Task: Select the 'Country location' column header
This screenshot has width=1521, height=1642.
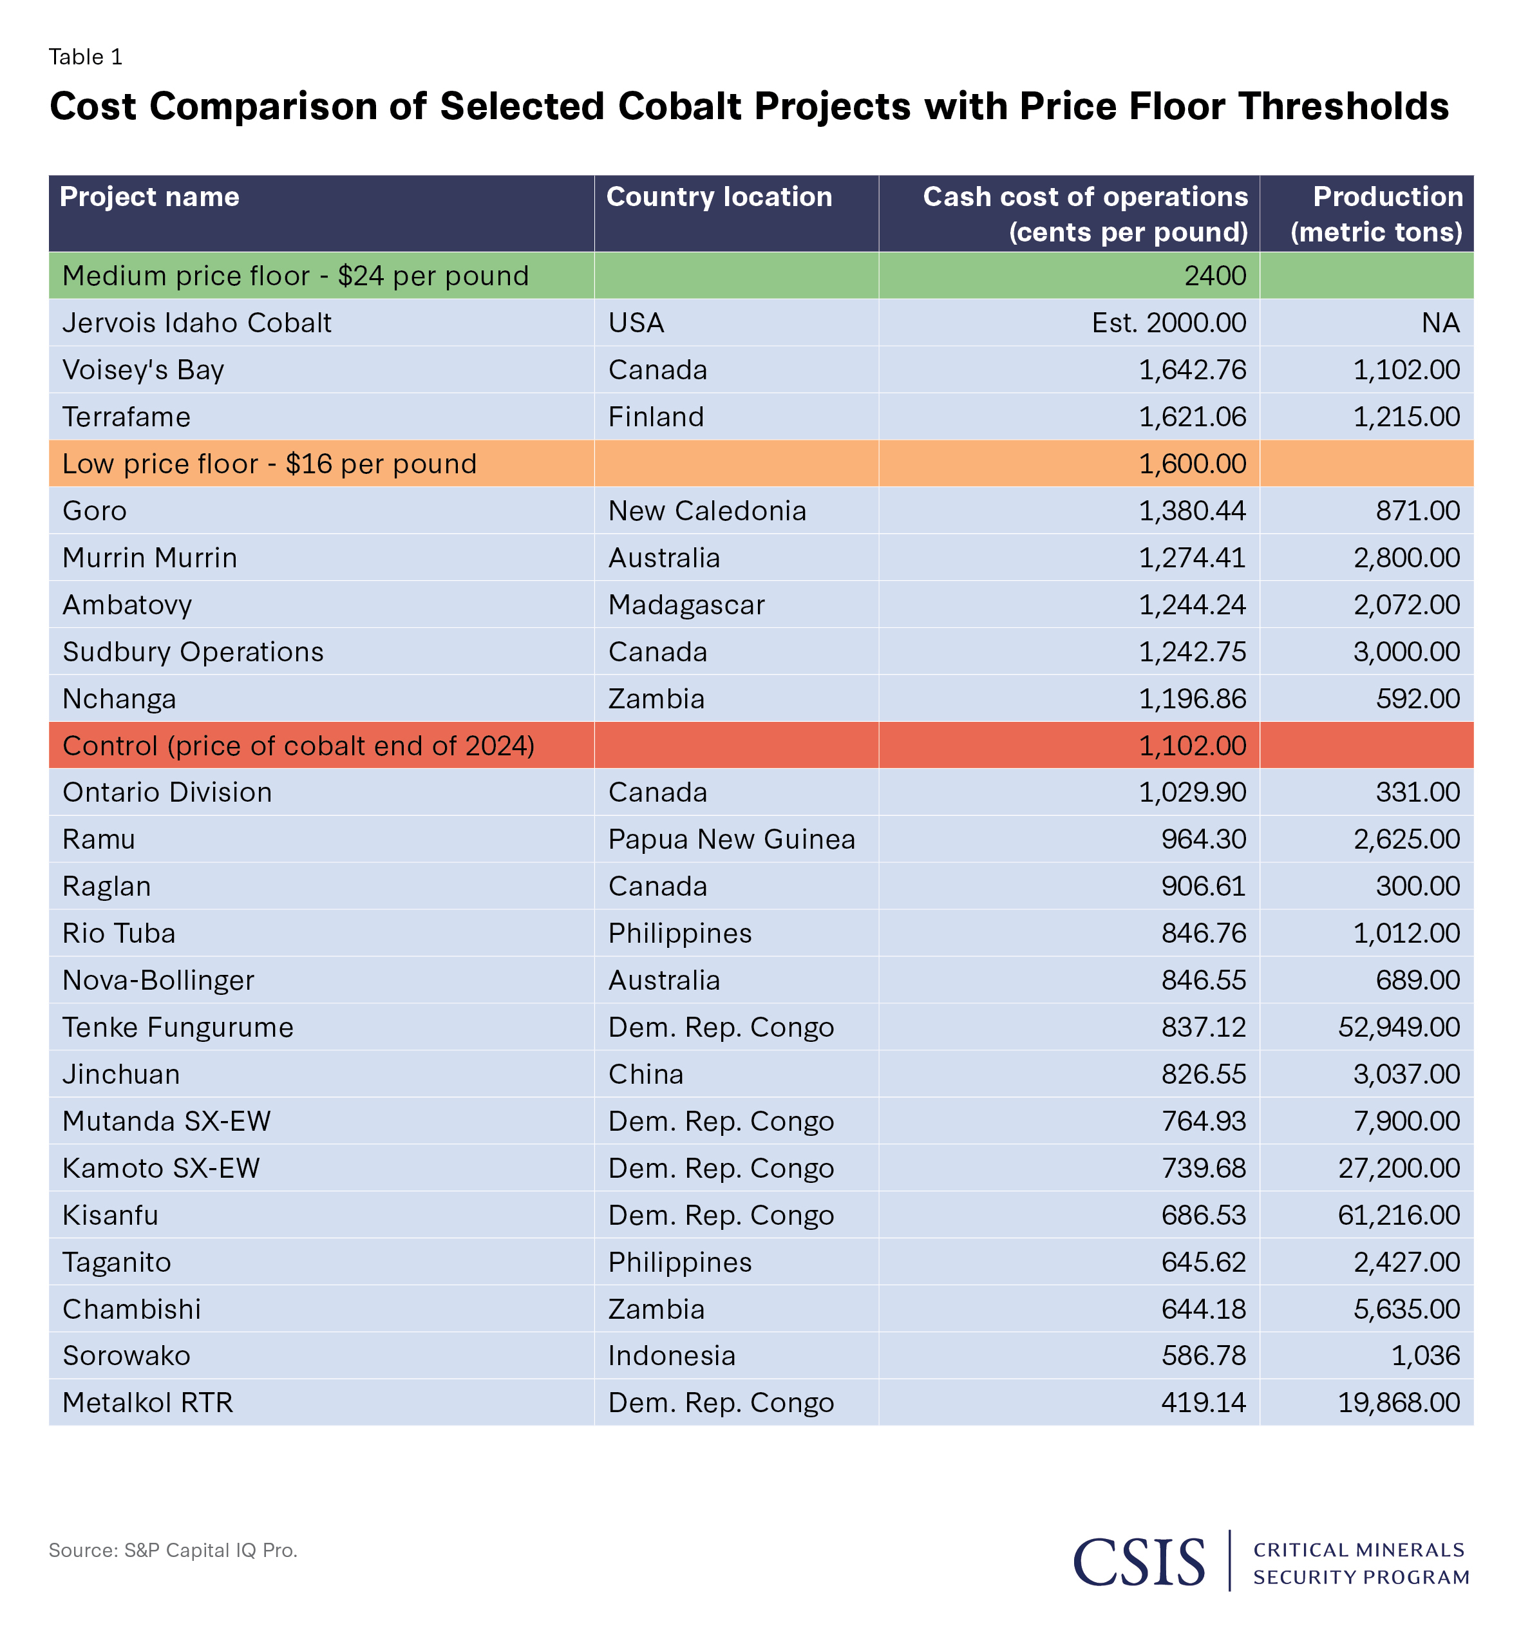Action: click(719, 196)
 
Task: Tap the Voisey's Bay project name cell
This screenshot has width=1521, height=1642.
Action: click(143, 370)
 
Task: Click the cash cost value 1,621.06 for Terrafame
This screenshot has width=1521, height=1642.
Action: click(1192, 417)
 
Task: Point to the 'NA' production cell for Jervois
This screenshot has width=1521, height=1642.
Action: click(1441, 323)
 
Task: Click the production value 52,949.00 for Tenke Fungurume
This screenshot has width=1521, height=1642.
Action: click(1399, 1027)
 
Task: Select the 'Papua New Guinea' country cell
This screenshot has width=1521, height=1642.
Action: click(731, 838)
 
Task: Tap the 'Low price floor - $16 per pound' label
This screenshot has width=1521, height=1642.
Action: click(269, 464)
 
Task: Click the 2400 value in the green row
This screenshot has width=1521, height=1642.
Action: click(1215, 276)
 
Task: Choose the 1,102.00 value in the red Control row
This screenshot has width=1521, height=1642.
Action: click(1192, 746)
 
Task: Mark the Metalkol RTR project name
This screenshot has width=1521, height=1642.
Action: click(148, 1402)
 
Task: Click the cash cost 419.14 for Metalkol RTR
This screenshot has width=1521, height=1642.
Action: click(1204, 1402)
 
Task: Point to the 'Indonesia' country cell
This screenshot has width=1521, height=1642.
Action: click(672, 1355)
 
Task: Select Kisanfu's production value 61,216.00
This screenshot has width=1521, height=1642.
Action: click(1399, 1215)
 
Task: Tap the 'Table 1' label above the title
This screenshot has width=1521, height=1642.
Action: click(86, 57)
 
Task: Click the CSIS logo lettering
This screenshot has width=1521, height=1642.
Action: click(1139, 1562)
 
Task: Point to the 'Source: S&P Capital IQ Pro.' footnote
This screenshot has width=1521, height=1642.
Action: click(173, 1551)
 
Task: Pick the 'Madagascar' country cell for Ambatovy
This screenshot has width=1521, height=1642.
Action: click(686, 605)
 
